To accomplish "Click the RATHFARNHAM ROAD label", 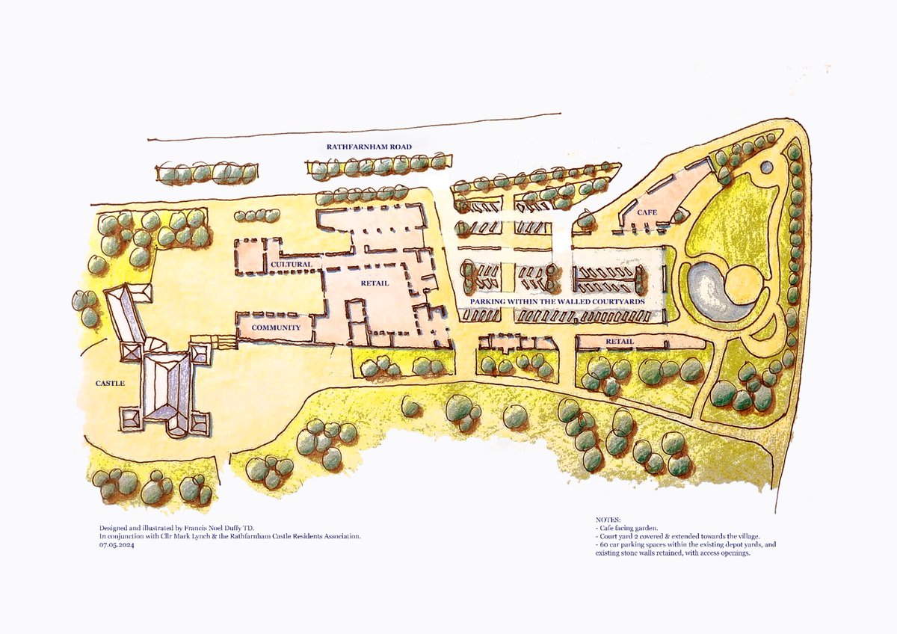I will click(x=369, y=147).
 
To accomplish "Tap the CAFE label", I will click(x=646, y=213).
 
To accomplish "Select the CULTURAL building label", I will click(x=291, y=265).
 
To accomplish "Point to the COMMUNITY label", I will click(x=276, y=327).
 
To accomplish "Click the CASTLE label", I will click(x=110, y=383).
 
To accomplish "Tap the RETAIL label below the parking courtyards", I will click(x=620, y=342).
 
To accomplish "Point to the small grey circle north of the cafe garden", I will click(x=767, y=167).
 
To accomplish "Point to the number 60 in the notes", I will click(x=602, y=545).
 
